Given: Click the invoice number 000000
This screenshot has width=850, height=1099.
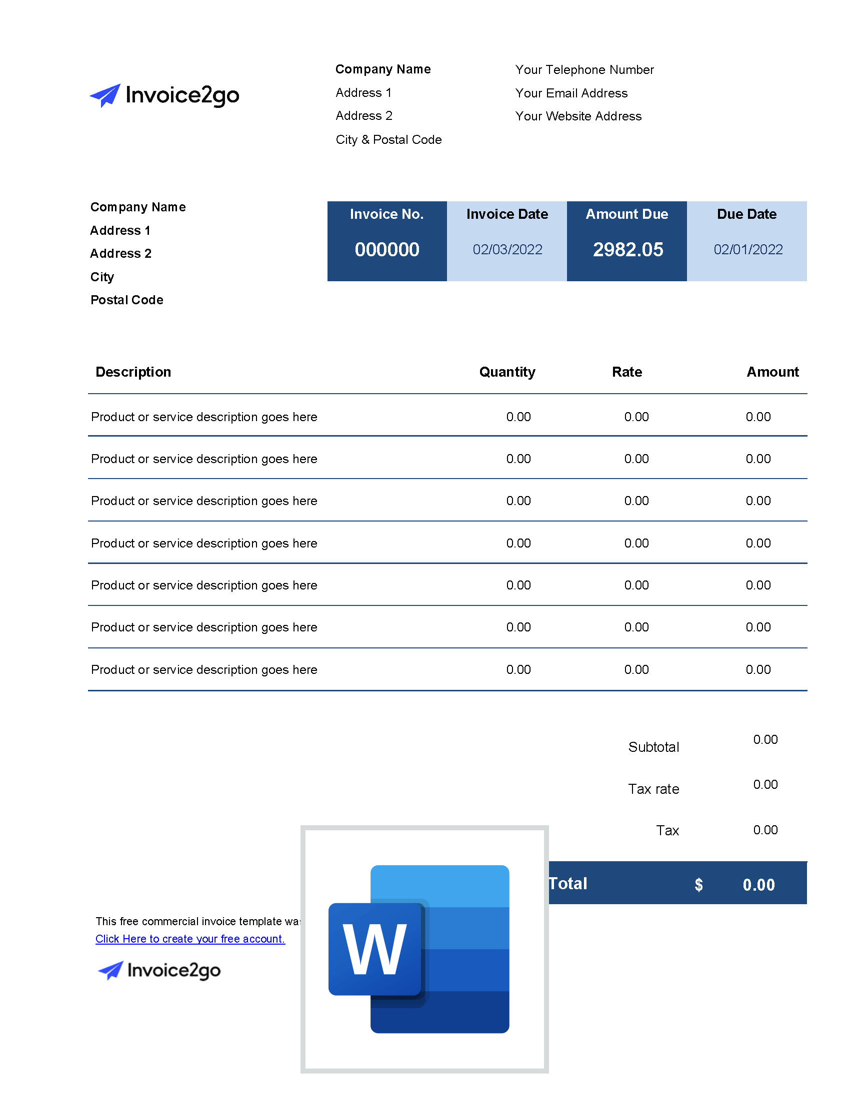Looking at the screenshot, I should (386, 250).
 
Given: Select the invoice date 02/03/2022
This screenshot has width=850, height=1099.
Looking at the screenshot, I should (507, 250).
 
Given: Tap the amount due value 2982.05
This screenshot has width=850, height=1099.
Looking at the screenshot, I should (627, 250).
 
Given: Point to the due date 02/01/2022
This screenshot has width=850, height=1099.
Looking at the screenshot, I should (748, 250).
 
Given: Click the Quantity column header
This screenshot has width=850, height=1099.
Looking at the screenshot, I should (506, 372).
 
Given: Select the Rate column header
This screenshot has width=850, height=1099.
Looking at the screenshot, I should (626, 372).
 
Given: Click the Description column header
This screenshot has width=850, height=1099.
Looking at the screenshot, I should (133, 372).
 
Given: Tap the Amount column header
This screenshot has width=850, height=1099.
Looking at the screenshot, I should (772, 372).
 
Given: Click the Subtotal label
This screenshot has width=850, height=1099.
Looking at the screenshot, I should (653, 747).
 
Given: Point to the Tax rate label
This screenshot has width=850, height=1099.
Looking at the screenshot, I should (653, 788).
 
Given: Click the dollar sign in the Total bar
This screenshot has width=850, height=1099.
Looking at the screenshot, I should (698, 885).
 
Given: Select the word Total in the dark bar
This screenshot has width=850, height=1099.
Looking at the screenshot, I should (568, 884).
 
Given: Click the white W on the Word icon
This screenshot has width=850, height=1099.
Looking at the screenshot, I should (374, 949).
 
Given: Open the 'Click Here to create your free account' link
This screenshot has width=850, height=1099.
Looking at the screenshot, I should (190, 939).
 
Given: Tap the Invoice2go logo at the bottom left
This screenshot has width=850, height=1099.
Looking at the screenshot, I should (159, 970).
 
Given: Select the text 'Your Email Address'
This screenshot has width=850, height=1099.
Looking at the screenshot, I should (571, 93).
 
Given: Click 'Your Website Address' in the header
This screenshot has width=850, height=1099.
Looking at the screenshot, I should (578, 116).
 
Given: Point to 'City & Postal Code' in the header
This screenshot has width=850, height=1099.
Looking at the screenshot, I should (388, 139).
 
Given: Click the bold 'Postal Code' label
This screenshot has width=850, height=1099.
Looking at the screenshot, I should (127, 300).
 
